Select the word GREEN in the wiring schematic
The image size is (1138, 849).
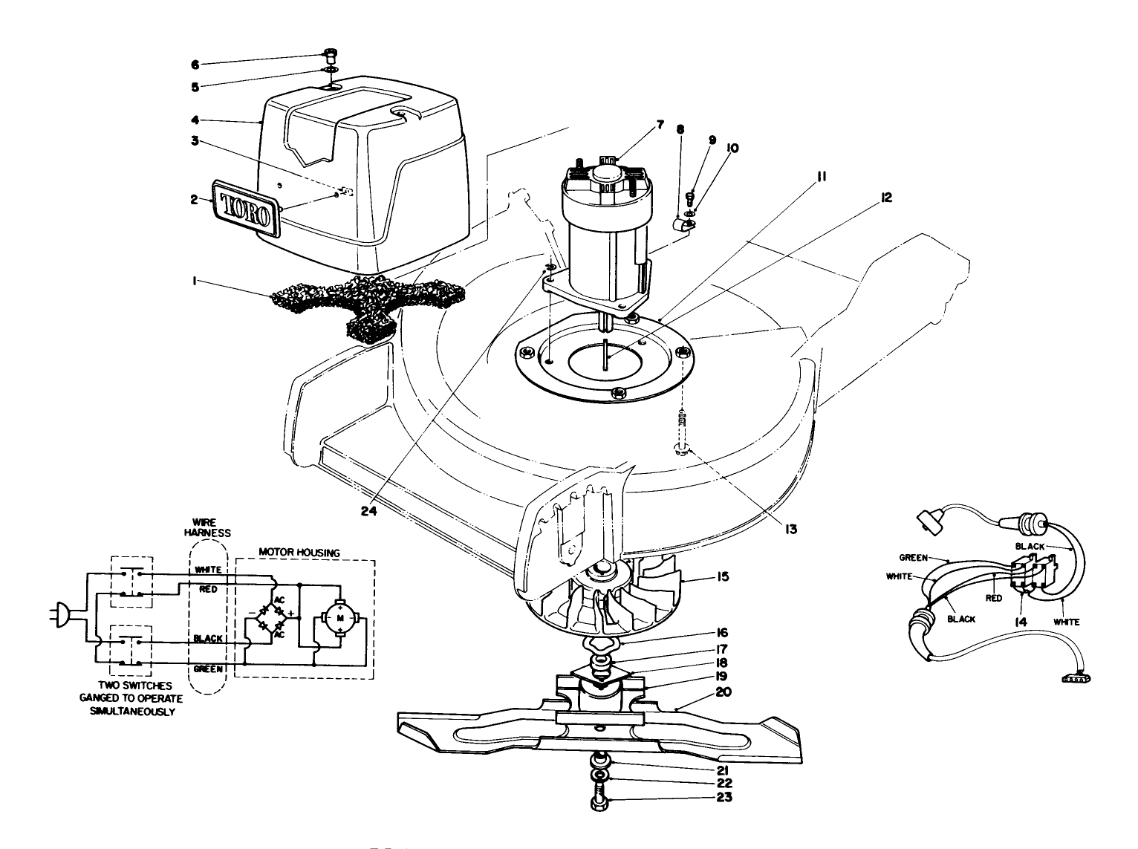(208, 669)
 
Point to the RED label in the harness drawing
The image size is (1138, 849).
(995, 598)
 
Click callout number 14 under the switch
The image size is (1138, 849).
(1020, 622)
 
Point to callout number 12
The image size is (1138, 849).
(886, 198)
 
